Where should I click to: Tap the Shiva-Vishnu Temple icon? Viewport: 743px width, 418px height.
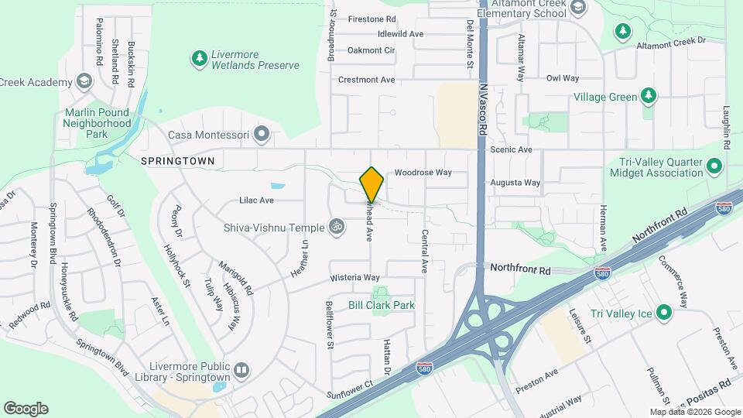point(336,226)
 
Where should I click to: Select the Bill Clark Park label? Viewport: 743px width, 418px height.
point(382,305)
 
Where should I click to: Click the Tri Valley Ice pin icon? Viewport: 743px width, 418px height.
point(663,313)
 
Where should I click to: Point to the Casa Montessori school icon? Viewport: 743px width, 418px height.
point(262,135)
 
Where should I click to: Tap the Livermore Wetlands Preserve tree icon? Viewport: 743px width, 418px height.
point(199,58)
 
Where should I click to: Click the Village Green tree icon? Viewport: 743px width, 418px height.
point(649,97)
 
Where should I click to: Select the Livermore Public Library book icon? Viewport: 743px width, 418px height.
point(241,370)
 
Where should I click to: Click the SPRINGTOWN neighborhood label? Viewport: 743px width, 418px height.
point(177,160)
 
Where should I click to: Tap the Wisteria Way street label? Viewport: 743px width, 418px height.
point(354,277)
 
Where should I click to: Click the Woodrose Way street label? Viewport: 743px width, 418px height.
point(423,173)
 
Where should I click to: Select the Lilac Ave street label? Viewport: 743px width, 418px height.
point(256,200)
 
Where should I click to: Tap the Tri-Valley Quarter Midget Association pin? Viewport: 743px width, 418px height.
point(714,166)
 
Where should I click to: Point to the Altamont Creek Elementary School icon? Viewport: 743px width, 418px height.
point(577,8)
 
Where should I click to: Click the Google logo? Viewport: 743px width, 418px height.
point(26,408)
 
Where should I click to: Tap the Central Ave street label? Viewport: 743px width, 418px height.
point(425,252)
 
